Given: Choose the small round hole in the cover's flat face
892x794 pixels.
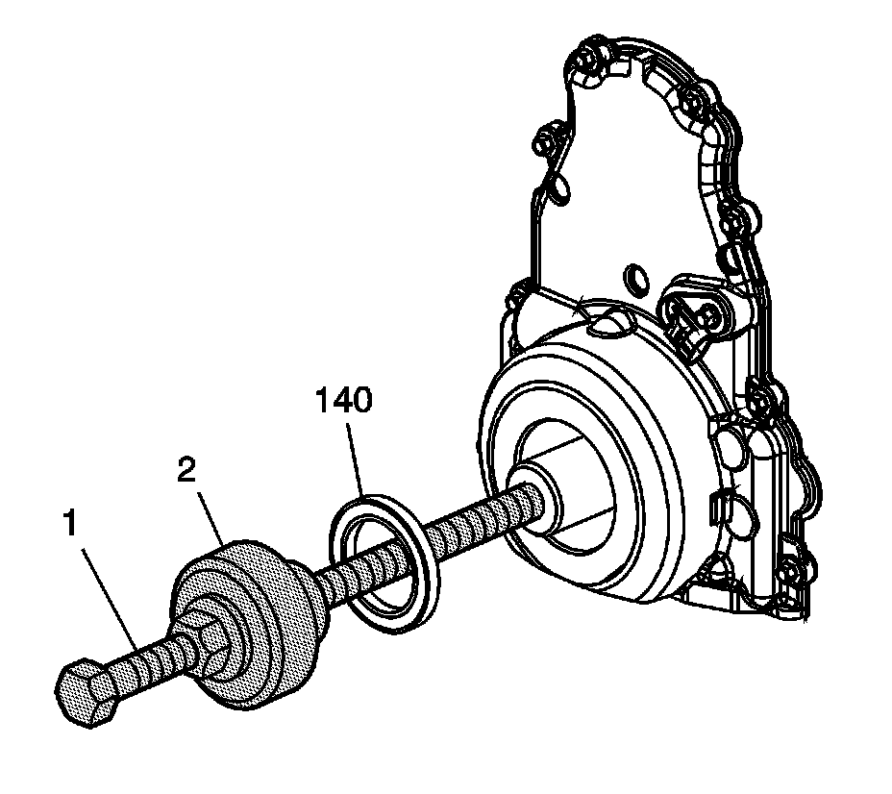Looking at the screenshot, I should click(x=635, y=280).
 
